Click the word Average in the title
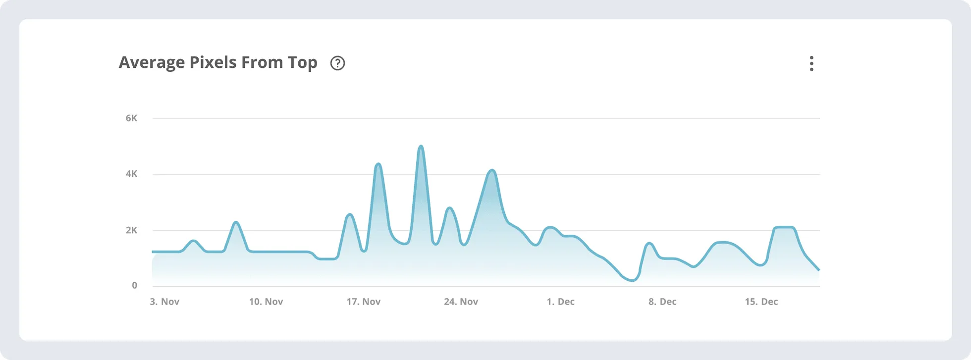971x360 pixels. click(151, 63)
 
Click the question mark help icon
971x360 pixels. click(337, 63)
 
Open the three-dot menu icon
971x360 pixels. click(811, 63)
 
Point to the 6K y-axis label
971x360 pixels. click(131, 118)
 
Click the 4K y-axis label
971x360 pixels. click(131, 174)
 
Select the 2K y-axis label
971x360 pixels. click(131, 230)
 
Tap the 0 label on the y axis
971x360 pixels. click(134, 286)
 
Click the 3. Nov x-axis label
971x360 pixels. click(164, 302)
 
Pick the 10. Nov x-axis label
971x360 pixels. click(266, 302)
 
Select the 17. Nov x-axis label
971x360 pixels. click(364, 302)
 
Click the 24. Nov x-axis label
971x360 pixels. click(461, 302)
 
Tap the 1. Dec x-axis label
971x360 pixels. click(561, 302)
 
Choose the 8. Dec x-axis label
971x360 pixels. click(662, 302)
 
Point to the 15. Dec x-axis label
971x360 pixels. click(761, 302)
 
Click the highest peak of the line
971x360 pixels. click(421, 146)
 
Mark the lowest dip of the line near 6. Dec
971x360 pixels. click(632, 281)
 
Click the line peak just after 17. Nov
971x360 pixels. click(378, 163)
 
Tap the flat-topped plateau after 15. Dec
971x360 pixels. click(784, 227)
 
